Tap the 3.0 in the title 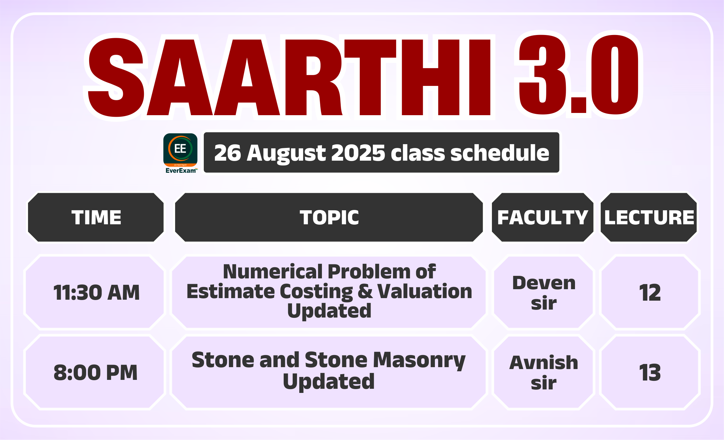click(578, 74)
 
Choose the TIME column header click(96, 218)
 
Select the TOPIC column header click(329, 218)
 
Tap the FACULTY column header click(543, 218)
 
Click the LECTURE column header click(649, 218)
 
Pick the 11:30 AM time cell click(96, 292)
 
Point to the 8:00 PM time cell click(96, 373)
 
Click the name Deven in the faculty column click(544, 283)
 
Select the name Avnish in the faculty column click(544, 362)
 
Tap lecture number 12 click(650, 292)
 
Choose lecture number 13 click(650, 373)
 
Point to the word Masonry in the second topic click(419, 360)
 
